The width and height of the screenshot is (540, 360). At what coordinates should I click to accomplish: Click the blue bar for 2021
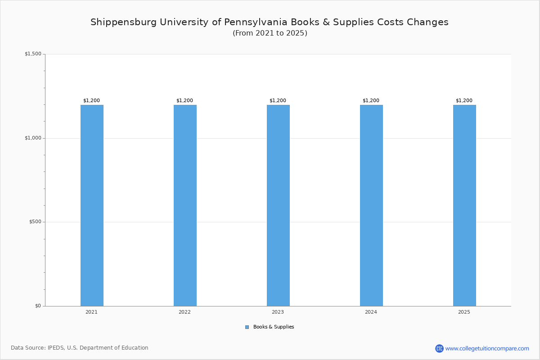(x=92, y=205)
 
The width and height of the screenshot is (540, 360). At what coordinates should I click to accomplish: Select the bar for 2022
(x=185, y=205)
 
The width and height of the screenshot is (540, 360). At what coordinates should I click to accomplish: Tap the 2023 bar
(x=278, y=205)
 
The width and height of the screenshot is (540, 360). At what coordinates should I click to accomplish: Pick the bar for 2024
(x=371, y=205)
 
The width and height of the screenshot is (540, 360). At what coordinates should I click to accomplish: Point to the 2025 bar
(x=464, y=205)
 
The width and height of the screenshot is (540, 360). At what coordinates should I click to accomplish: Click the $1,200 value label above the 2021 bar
(x=92, y=101)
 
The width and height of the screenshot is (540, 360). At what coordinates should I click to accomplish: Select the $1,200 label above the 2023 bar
(x=278, y=101)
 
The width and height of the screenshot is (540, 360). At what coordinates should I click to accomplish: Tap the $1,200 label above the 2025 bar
(x=464, y=101)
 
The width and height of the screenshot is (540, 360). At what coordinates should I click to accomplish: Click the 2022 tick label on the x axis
(x=184, y=312)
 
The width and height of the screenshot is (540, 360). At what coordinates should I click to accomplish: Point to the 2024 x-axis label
(x=371, y=312)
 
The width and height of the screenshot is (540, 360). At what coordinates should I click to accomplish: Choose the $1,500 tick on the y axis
(x=33, y=54)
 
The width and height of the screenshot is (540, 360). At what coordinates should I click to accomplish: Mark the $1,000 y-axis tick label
(x=33, y=138)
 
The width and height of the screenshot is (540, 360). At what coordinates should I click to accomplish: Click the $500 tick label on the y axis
(x=35, y=222)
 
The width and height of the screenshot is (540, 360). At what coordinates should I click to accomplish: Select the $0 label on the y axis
(x=38, y=306)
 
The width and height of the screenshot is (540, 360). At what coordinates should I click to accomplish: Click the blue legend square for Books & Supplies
(x=247, y=327)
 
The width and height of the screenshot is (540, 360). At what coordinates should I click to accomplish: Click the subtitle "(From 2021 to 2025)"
(x=270, y=33)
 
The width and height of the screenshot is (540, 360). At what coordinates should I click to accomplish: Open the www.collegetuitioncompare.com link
(x=487, y=348)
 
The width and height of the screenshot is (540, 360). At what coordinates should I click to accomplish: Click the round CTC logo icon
(x=439, y=348)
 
